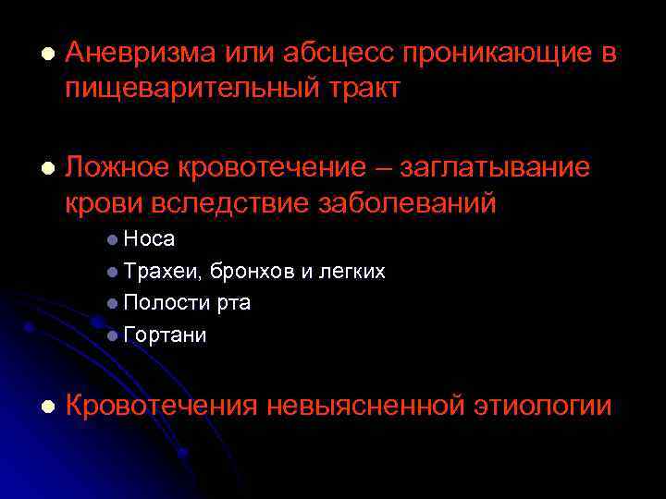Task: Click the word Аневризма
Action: (139, 54)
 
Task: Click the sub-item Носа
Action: (149, 239)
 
